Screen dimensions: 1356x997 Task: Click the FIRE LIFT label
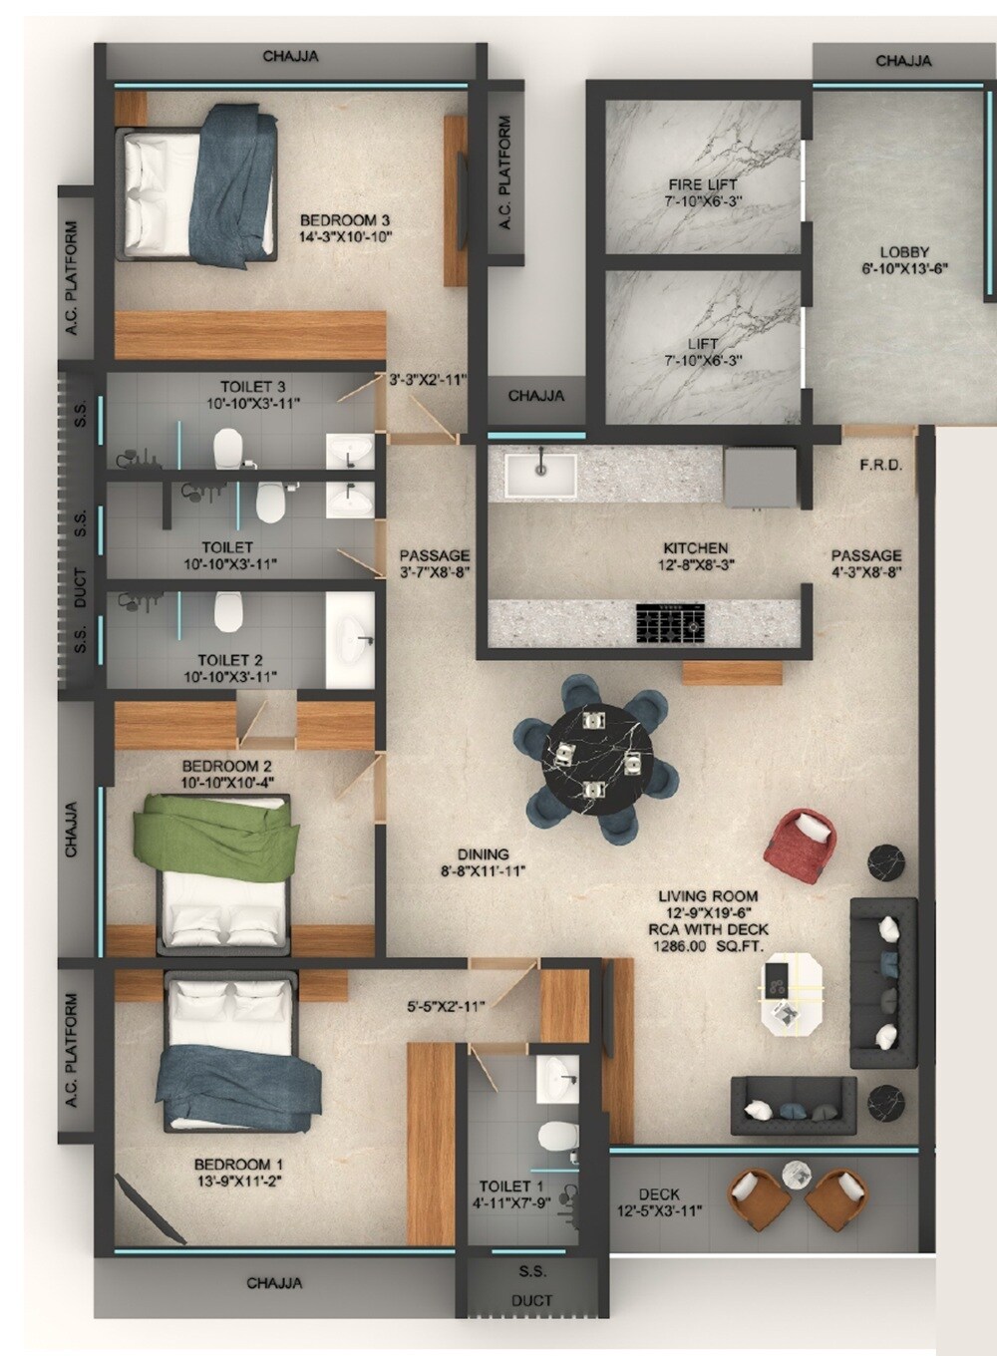point(703,184)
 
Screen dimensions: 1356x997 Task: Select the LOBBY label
point(904,252)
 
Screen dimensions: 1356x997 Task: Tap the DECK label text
point(659,1193)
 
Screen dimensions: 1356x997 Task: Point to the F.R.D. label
point(881,465)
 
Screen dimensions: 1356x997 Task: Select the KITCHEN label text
point(696,547)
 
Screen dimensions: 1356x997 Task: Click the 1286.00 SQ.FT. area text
point(707,946)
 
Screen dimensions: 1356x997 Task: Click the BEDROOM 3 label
point(345,220)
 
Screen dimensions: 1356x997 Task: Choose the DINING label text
point(484,854)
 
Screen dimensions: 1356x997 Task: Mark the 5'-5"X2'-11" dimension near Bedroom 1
point(446,1007)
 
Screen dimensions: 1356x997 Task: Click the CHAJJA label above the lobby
point(903,61)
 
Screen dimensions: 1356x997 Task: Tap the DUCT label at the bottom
point(531,1300)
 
